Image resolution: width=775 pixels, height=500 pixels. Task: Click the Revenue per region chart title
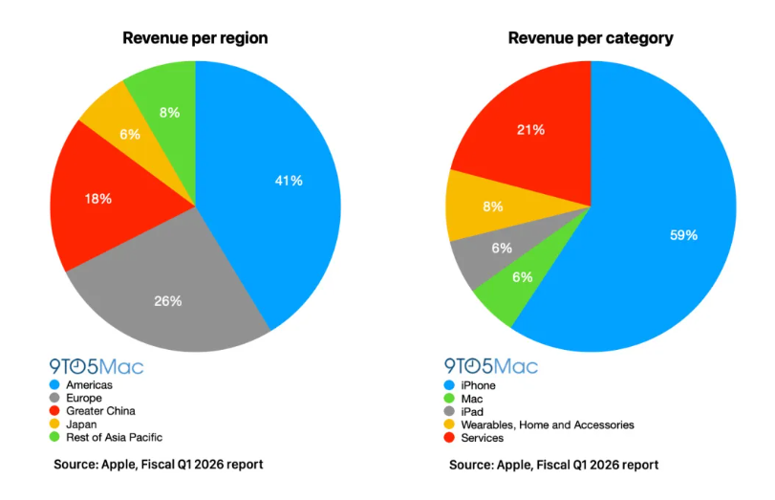tap(195, 38)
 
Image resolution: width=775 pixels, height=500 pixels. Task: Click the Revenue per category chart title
tap(591, 38)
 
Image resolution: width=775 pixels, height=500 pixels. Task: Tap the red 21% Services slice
tap(530, 129)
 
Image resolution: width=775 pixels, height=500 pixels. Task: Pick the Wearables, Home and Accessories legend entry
tap(549, 424)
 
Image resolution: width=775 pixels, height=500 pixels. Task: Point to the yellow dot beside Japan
tap(56, 424)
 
